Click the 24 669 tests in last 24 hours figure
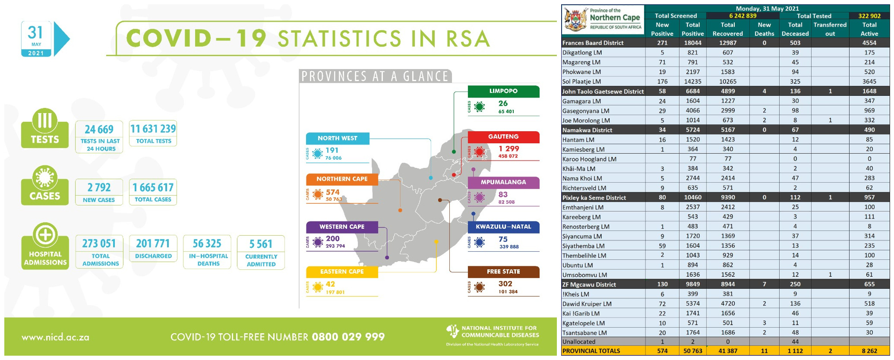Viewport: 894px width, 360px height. click(x=99, y=129)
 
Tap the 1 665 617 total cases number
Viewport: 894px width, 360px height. click(x=153, y=187)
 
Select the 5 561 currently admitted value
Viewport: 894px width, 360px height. click(x=261, y=244)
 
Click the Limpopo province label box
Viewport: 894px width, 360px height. click(x=503, y=91)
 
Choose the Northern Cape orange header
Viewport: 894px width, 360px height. click(x=342, y=179)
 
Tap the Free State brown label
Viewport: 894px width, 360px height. click(x=503, y=272)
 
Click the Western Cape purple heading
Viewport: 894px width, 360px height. click(x=342, y=227)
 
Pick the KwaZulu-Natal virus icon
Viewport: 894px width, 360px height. click(x=479, y=242)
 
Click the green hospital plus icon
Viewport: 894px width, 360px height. click(x=45, y=235)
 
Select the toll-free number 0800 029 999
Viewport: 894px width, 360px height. click(x=348, y=337)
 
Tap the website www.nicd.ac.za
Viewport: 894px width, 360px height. click(x=56, y=338)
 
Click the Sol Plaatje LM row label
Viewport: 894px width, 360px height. click(x=581, y=82)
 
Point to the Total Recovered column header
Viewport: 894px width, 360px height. click(x=727, y=29)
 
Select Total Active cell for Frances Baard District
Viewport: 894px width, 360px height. click(x=869, y=43)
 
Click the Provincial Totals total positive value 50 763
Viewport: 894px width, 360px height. click(x=692, y=351)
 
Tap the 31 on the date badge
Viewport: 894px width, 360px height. click(x=35, y=32)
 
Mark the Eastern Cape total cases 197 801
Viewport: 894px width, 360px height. click(x=335, y=292)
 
